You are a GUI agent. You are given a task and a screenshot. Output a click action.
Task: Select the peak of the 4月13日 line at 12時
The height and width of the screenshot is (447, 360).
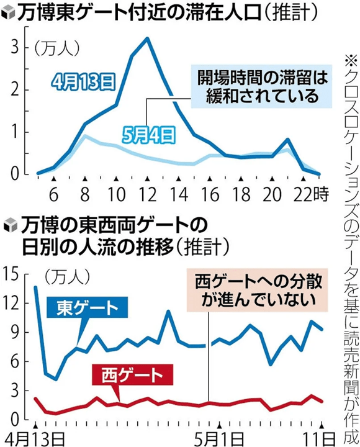click(146, 38)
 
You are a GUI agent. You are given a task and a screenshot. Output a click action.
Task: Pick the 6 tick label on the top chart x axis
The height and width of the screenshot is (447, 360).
click(53, 193)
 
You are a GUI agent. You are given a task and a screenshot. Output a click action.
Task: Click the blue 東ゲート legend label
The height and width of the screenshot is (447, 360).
click(89, 309)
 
